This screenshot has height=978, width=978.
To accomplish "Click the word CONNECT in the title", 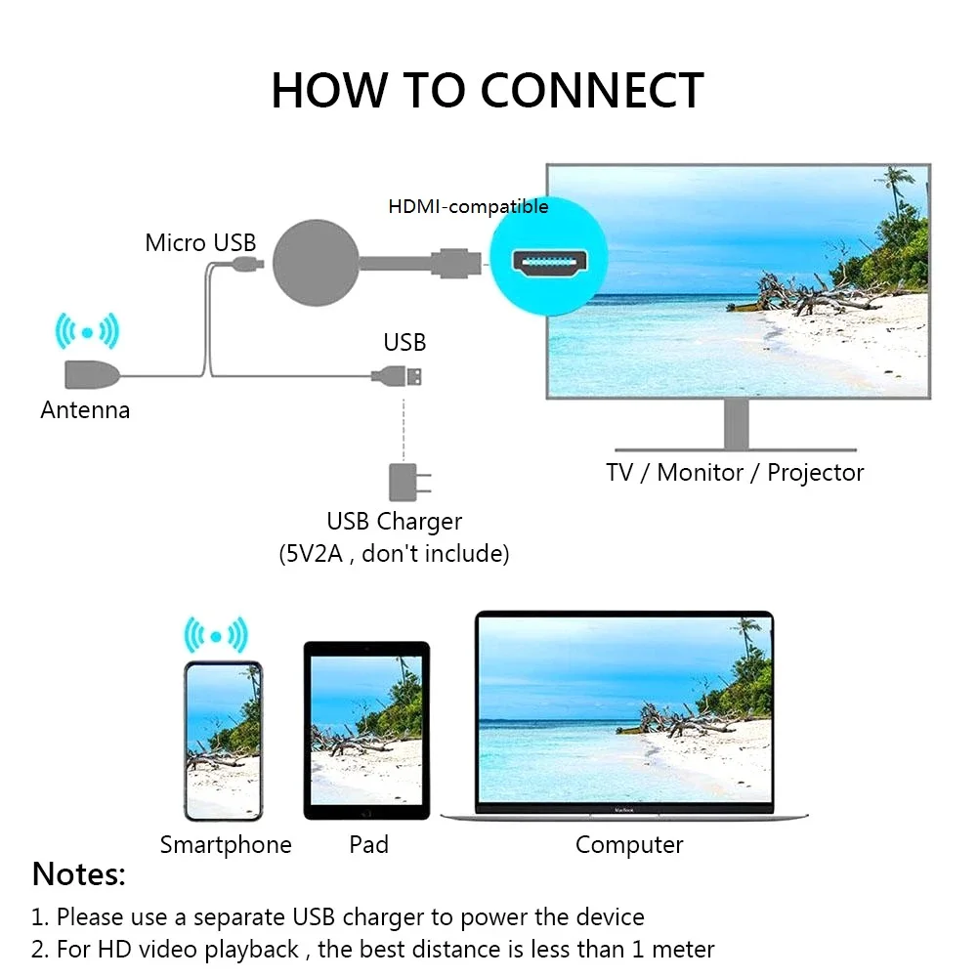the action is pyautogui.click(x=592, y=91).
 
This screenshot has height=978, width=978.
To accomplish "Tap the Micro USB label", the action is pyautogui.click(x=200, y=242).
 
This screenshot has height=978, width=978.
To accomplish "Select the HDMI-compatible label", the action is pyautogui.click(x=468, y=206).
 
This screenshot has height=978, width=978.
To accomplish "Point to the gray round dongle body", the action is pyautogui.click(x=314, y=263).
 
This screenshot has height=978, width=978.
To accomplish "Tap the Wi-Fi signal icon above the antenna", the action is pyautogui.click(x=87, y=332).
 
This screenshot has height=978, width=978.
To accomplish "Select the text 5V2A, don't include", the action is pyautogui.click(x=395, y=554).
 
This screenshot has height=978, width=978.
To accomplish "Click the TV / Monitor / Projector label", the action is pyautogui.click(x=735, y=473).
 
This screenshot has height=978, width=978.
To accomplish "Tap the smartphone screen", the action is pyautogui.click(x=224, y=741).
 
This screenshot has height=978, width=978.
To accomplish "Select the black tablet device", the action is pyautogui.click(x=366, y=730).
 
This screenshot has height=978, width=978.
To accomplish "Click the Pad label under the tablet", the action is pyautogui.click(x=368, y=844).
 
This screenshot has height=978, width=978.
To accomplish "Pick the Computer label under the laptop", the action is pyautogui.click(x=629, y=844).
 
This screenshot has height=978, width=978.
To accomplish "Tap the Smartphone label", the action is pyautogui.click(x=226, y=844).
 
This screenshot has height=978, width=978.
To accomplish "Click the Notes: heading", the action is pyautogui.click(x=79, y=874).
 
